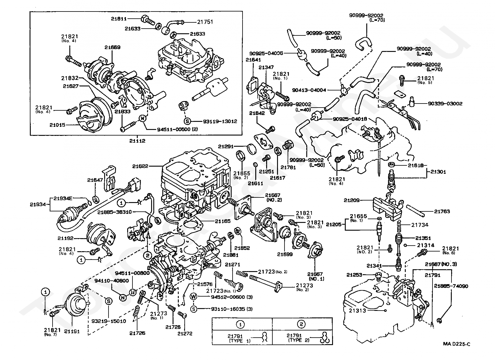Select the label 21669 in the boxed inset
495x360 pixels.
[x=112, y=48]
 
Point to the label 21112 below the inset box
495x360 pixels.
[x=137, y=141]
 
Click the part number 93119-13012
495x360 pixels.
[x=220, y=121]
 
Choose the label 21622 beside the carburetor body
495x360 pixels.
[x=140, y=166]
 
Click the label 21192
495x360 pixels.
[x=65, y=238]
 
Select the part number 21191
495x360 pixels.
[x=72, y=331]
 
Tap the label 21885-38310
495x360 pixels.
[x=114, y=212]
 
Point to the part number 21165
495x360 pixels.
[x=223, y=221]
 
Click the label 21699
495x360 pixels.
[x=285, y=254]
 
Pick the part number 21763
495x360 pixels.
[x=442, y=211]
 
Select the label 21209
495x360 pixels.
[x=352, y=200]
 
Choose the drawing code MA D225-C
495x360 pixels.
[x=457, y=344]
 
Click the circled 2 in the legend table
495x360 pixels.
[x=301, y=324]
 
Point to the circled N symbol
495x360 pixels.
[x=123, y=297]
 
